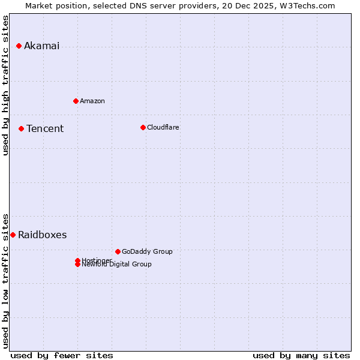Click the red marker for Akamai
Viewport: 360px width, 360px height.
19,46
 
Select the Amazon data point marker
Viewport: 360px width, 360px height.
76,101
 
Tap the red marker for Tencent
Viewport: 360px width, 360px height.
21,128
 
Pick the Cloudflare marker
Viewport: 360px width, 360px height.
143,127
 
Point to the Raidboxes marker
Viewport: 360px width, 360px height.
13,235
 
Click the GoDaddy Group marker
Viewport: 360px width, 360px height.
118,251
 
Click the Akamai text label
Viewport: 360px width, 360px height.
41,46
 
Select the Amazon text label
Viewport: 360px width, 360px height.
92,101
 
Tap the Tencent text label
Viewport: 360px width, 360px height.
45,128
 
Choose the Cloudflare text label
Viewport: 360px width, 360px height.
163,127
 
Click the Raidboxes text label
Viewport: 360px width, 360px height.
42,235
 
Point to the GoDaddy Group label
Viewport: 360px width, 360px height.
147,251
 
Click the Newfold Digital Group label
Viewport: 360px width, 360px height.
116,264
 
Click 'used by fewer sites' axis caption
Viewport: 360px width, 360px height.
62,355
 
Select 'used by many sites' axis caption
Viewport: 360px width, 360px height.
301,355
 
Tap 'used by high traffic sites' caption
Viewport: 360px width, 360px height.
6,85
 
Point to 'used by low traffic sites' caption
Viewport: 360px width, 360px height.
6,280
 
